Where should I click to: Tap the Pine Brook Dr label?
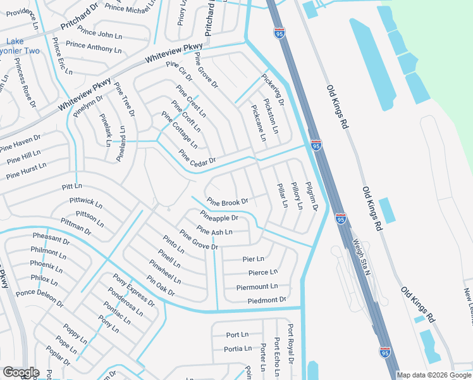[227, 202]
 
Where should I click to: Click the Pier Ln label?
[253, 259]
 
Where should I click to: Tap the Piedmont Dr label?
[267, 300]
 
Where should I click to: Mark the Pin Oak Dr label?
[160, 286]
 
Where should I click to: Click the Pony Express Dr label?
[134, 290]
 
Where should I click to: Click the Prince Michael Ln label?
[131, 8]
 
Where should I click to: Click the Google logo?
[20, 372]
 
